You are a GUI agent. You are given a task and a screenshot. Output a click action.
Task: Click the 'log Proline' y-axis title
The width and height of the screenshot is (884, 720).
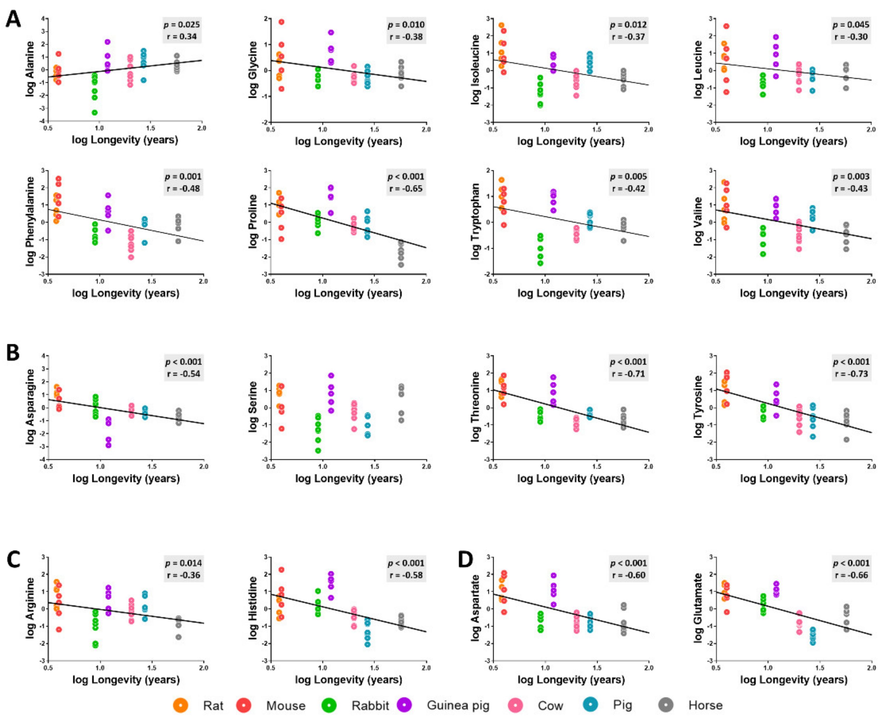click(253, 222)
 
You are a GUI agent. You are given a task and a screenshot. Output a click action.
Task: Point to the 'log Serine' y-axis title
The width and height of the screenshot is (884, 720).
click(253, 407)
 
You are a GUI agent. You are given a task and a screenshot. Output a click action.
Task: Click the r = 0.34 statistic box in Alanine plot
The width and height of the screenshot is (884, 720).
click(181, 36)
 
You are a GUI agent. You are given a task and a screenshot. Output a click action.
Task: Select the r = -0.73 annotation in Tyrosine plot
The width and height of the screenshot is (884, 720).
click(851, 374)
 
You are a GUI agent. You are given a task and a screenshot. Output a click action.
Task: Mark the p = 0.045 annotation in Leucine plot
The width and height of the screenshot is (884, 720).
click(851, 24)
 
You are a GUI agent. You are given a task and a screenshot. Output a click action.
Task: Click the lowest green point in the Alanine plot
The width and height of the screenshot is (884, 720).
click(95, 112)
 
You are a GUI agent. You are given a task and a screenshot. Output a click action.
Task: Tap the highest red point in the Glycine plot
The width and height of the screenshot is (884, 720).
click(281, 22)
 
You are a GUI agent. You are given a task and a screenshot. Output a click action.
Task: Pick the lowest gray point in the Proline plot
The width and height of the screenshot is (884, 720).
click(401, 265)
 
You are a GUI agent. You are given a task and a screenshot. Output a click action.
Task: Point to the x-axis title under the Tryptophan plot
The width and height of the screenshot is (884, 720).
click(571, 293)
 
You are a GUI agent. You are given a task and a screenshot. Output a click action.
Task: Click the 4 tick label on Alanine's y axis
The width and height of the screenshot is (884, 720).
click(42, 19)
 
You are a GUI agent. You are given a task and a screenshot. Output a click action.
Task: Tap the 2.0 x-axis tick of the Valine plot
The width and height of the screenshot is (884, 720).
click(871, 281)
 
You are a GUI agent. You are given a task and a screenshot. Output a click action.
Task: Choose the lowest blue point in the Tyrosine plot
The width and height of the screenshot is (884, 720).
click(813, 436)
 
